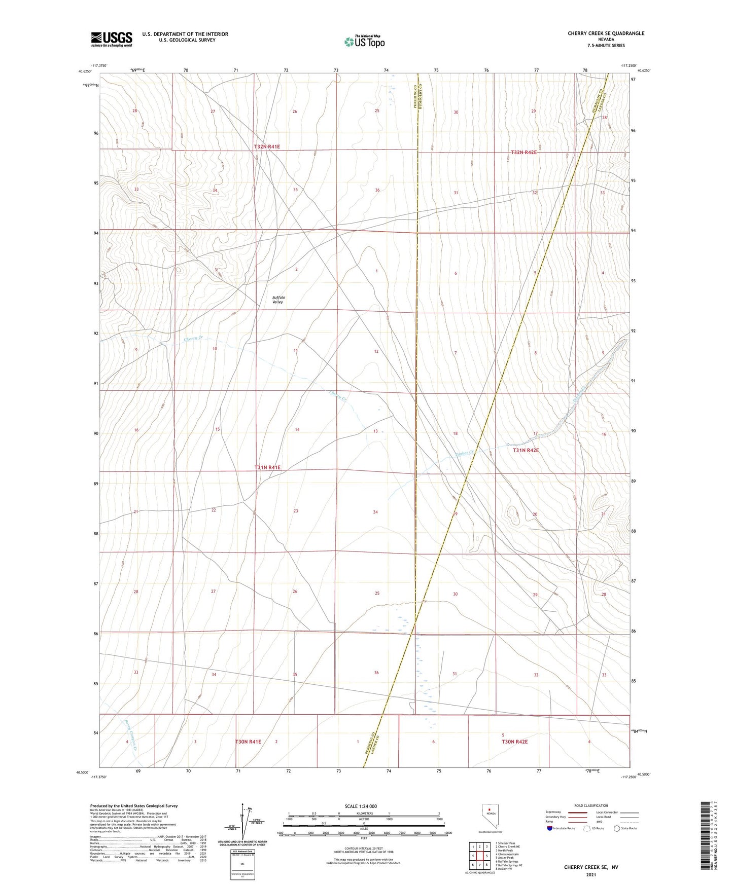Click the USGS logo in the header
click(112, 39)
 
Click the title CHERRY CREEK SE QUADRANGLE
click(606, 33)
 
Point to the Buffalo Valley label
click(278, 300)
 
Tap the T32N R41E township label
click(267, 147)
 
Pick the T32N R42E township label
click(523, 153)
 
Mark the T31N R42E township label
click(526, 450)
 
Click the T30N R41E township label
click(248, 742)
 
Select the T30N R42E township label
click(515, 742)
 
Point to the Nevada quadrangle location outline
click(489, 817)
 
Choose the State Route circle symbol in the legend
click(617, 828)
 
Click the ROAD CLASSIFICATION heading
click(591, 805)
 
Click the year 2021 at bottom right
click(590, 875)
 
